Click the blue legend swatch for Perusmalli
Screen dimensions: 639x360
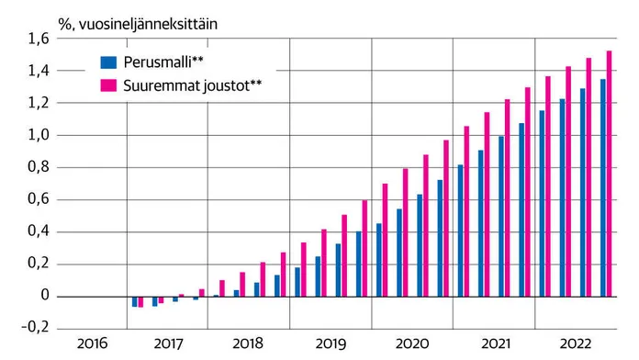tap(108, 62)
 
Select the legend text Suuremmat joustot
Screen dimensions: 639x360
tap(193, 85)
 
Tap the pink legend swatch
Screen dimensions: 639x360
tap(108, 85)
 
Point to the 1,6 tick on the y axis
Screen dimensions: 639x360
tap(39, 39)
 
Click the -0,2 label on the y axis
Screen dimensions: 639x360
tap(35, 327)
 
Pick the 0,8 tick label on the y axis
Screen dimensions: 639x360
tap(39, 167)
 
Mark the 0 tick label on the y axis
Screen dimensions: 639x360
tap(45, 295)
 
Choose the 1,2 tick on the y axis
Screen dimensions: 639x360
tap(39, 103)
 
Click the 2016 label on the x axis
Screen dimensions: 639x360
tap(93, 343)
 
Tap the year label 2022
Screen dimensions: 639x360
tap(576, 343)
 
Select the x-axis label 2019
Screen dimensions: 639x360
tap(331, 343)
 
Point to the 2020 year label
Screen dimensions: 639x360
tap(412, 343)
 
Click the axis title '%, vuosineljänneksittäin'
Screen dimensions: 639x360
tap(138, 24)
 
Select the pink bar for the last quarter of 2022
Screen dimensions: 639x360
tap(610, 174)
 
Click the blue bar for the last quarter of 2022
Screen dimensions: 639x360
tap(603, 188)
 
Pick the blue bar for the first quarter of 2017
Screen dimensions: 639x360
tap(134, 302)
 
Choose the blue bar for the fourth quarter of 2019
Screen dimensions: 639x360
tap(359, 264)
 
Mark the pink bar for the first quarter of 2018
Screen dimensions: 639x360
tap(222, 288)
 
